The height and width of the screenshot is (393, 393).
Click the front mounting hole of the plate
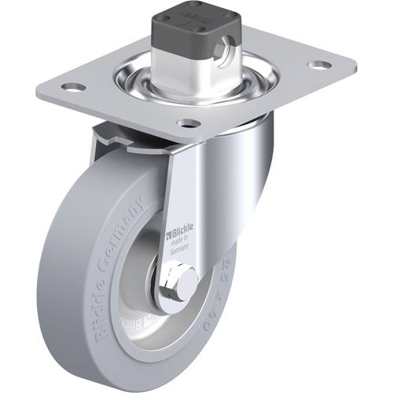[x=186, y=123]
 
